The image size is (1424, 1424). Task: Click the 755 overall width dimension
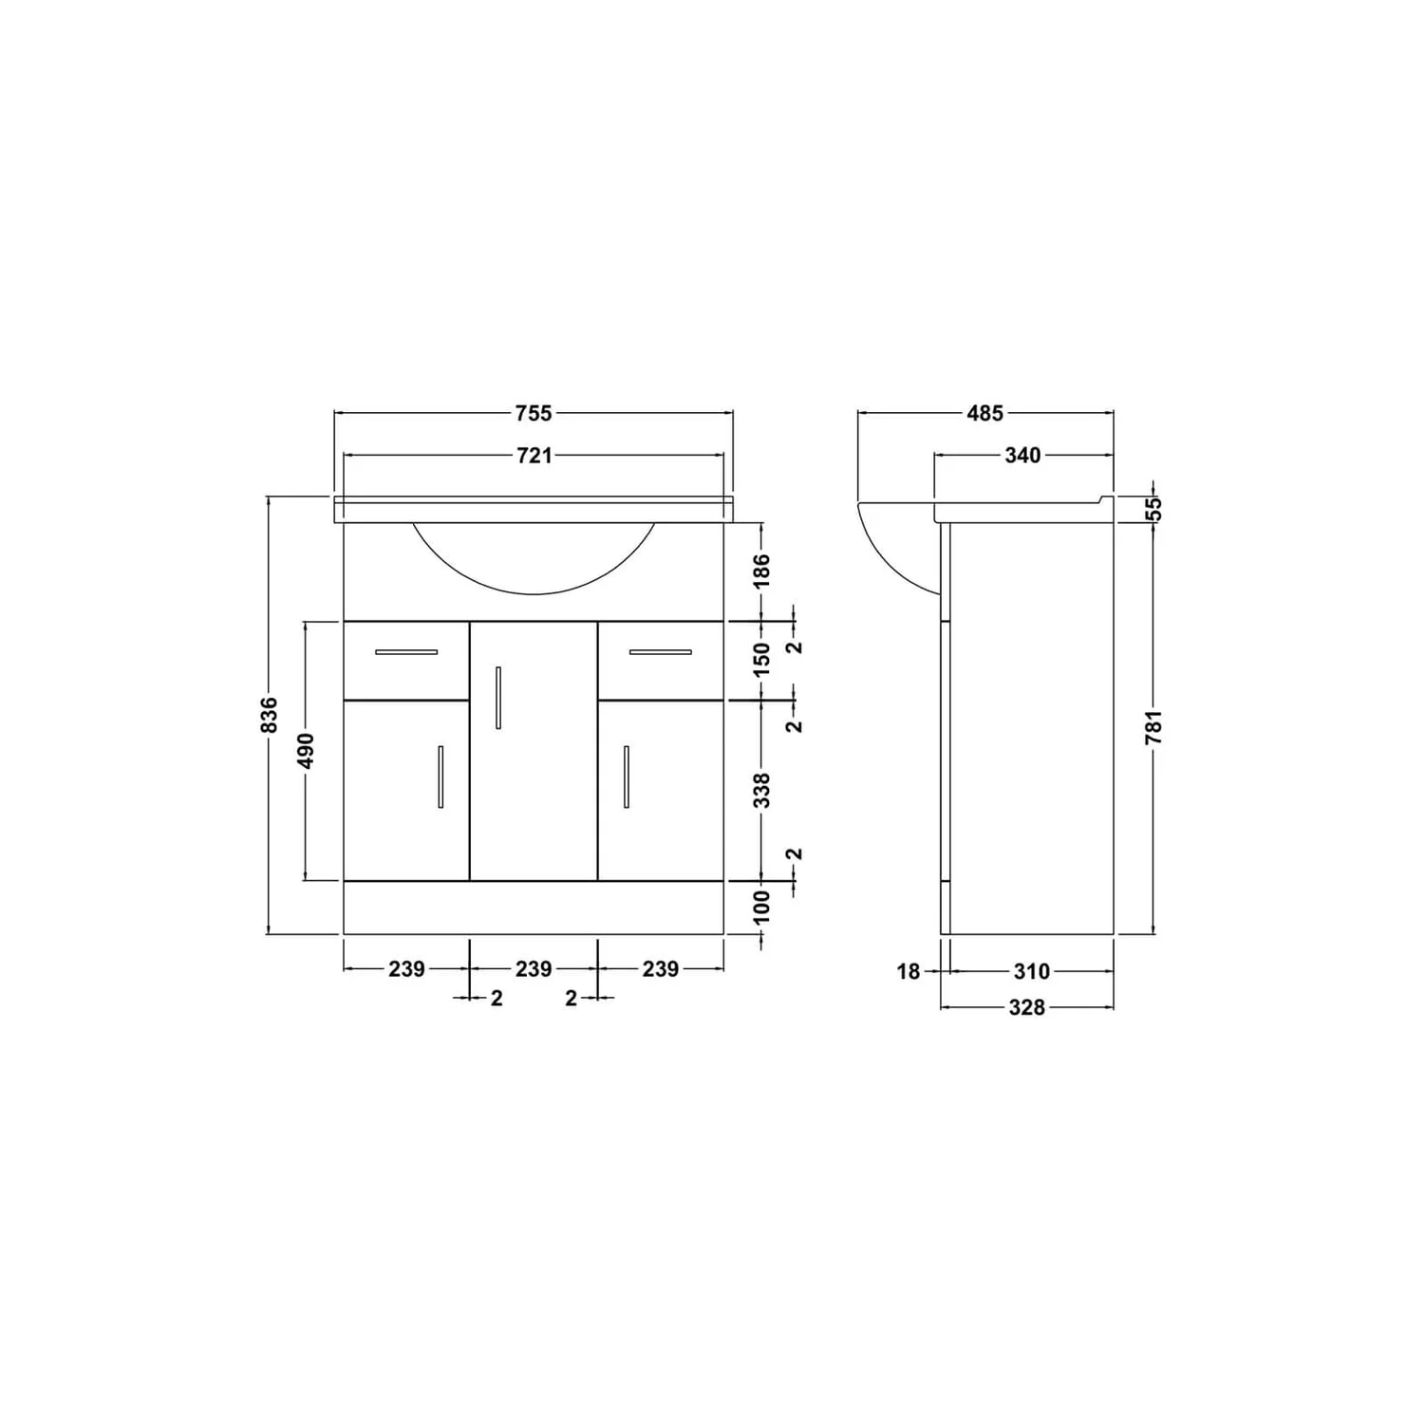point(534,413)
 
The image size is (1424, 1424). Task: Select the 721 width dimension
point(534,456)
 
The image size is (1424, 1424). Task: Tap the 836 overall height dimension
point(270,715)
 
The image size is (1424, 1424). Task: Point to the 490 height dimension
point(306,750)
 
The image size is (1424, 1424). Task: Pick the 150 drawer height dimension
point(762,660)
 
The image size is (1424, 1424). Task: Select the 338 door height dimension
point(762,790)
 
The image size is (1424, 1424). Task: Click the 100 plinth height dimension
point(762,908)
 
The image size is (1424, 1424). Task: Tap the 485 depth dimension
point(984,413)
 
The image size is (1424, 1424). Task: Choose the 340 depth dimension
point(1022,456)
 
